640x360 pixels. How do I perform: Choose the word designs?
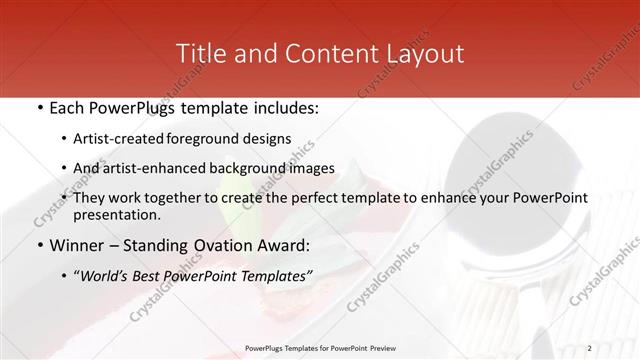click(x=269, y=138)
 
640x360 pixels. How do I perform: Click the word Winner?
click(x=76, y=245)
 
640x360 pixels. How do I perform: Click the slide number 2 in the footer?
click(x=589, y=348)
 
